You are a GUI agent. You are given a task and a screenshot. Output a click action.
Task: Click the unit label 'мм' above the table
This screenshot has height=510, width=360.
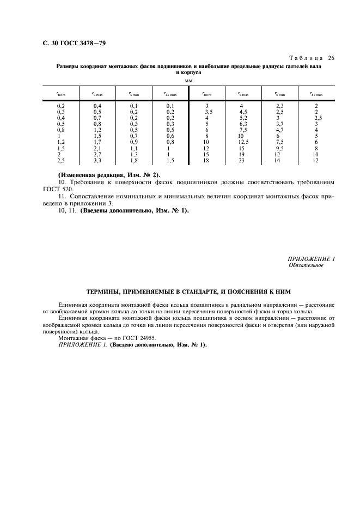coord(189,80)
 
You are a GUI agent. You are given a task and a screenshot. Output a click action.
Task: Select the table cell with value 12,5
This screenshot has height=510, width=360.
coord(243,142)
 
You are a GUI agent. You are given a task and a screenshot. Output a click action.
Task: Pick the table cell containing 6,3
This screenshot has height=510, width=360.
coord(243,124)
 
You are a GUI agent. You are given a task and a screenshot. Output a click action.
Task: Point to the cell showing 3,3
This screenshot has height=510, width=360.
coord(97,160)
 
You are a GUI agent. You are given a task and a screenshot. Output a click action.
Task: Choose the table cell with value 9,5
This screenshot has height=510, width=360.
coord(280,148)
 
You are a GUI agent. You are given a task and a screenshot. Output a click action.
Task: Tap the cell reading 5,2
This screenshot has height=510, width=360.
coord(243,118)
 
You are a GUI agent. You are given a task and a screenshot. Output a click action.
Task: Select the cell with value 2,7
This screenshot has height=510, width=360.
coord(97,154)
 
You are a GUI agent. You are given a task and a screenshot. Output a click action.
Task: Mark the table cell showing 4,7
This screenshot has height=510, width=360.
coord(280,130)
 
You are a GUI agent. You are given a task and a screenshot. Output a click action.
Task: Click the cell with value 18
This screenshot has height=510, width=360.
coord(206,160)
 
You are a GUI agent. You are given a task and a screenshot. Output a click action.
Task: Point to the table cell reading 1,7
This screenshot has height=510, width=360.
coord(97,142)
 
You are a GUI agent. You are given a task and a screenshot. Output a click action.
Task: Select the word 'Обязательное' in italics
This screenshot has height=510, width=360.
coord(306,265)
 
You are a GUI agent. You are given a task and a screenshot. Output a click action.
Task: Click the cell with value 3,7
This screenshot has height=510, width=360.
coord(280,124)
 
